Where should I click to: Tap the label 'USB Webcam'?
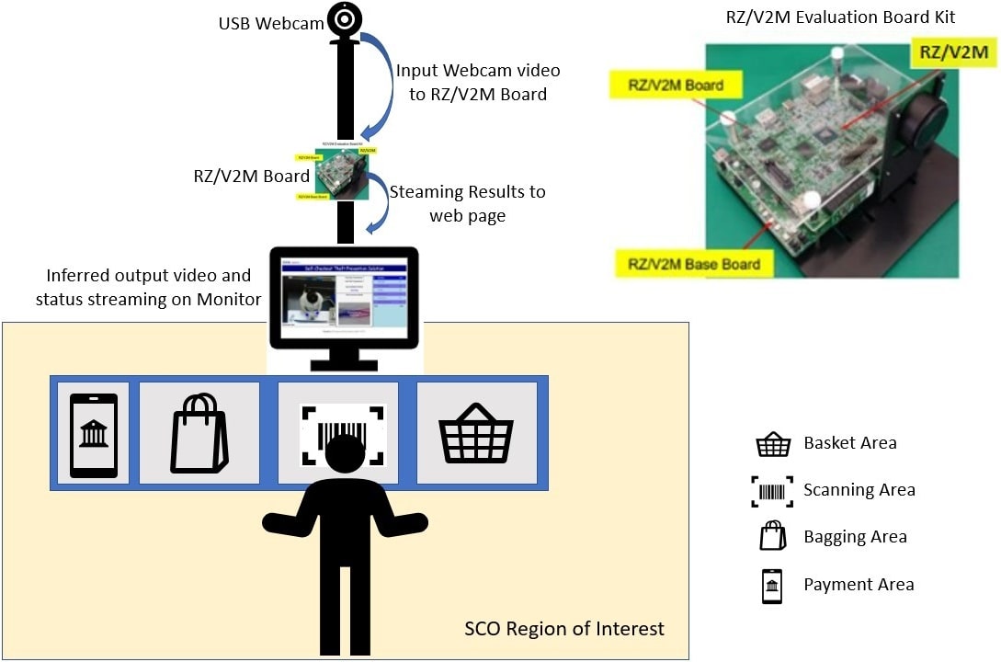point(271,24)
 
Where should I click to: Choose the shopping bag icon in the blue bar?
point(199,433)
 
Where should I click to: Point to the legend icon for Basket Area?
point(772,444)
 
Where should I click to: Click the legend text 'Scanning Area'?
point(859,490)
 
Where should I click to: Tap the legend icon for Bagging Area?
point(772,536)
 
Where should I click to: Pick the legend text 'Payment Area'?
point(859,584)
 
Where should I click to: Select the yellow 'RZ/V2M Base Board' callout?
point(694,265)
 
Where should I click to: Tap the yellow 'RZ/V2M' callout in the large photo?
point(954,52)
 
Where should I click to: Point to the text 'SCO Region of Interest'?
point(563,630)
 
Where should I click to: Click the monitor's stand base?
point(345,365)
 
